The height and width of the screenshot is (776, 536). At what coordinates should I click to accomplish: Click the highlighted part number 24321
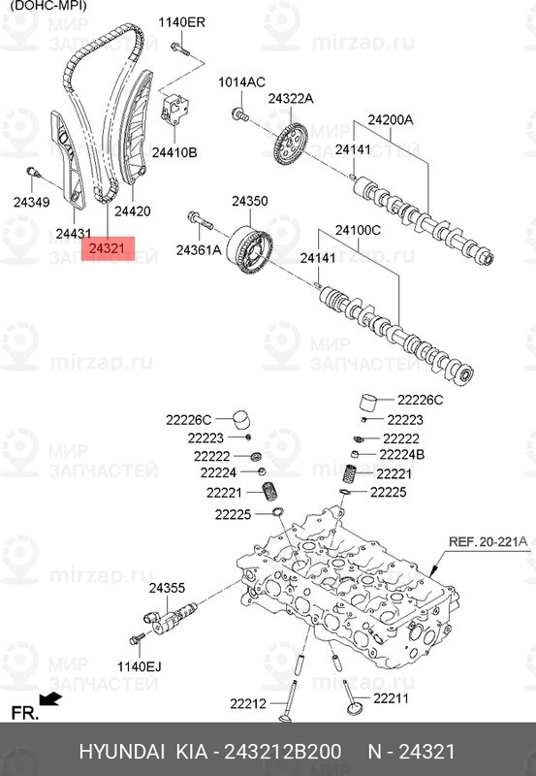coord(107,250)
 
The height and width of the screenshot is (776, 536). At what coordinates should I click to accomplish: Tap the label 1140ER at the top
coord(182,21)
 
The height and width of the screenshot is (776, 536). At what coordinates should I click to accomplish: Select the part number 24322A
coord(291,99)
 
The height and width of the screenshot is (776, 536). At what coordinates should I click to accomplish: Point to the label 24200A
coord(390,120)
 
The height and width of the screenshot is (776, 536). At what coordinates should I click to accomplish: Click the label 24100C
coord(359,230)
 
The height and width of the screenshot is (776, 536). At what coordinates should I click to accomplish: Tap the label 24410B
coord(173,152)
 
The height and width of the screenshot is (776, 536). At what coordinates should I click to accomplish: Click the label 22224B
coord(402,454)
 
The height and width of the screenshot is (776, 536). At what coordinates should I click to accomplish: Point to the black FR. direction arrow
coord(50,697)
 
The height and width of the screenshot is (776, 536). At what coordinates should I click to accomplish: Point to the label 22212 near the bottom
coord(249,703)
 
